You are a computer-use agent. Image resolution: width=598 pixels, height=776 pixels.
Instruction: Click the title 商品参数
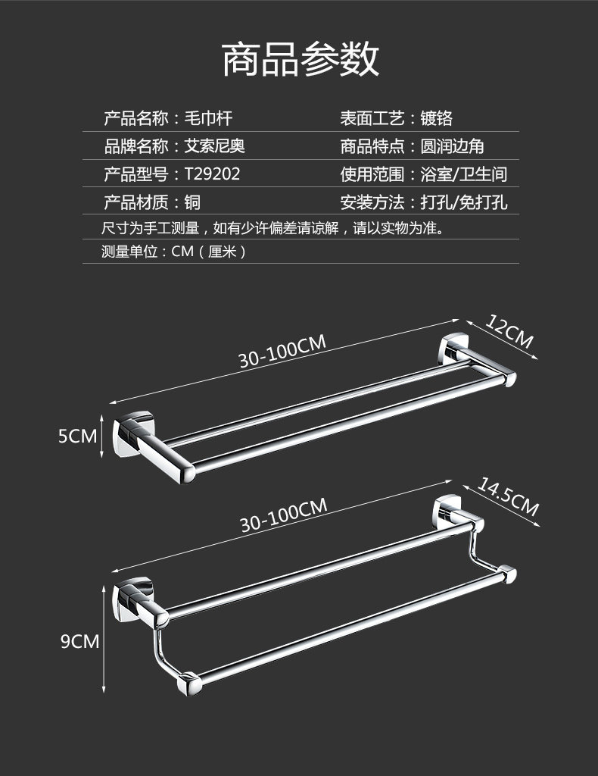coord(301,59)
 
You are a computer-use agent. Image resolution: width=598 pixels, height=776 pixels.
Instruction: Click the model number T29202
coord(212,174)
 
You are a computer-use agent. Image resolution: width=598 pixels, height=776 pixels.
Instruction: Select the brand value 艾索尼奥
coord(214,145)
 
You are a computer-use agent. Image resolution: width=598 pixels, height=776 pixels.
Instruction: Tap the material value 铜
coord(192,202)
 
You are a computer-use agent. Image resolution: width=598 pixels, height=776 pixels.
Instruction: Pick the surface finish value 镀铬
coord(436,117)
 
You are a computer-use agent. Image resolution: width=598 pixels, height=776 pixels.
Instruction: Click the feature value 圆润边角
coord(452,145)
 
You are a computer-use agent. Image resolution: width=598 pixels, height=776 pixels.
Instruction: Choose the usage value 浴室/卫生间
coord(463,174)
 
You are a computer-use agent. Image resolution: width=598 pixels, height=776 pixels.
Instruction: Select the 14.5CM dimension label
coord(508,498)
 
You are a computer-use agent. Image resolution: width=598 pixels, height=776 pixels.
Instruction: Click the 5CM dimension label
coord(78,436)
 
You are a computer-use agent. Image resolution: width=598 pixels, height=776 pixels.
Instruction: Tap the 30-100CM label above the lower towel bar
coord(284,515)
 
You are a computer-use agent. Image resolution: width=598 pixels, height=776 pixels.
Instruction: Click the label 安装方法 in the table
coord(372,202)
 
